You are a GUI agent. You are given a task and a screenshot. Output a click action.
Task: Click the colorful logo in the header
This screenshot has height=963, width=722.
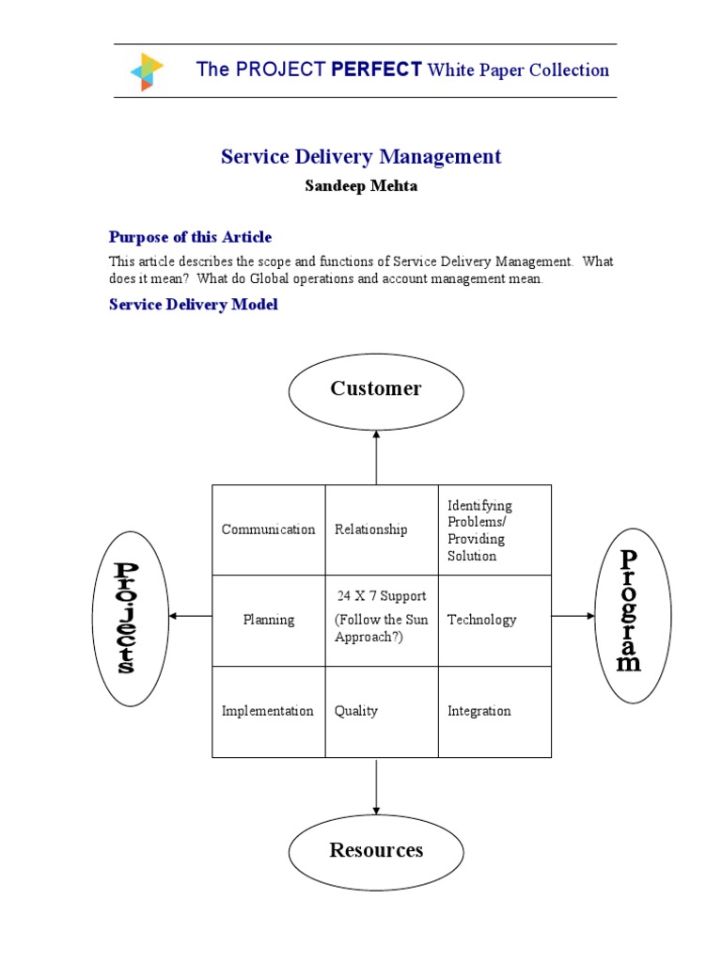click(146, 71)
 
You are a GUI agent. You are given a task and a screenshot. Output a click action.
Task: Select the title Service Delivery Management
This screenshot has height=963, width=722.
click(361, 157)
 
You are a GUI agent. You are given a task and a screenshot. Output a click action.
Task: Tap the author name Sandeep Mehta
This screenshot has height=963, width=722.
click(361, 186)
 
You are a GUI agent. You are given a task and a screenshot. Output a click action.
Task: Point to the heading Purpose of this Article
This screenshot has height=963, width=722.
click(190, 237)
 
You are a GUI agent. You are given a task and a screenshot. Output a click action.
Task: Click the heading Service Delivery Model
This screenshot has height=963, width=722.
click(194, 305)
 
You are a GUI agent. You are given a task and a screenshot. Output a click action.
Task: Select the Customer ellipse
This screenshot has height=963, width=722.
click(376, 389)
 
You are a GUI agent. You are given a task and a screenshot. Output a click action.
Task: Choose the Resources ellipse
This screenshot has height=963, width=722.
click(376, 851)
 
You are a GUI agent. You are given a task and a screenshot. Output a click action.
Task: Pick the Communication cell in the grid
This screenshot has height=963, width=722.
click(268, 529)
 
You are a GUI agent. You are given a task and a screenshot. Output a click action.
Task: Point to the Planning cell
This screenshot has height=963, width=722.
click(268, 620)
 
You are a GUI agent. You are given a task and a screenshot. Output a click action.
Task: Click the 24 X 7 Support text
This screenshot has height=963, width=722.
click(381, 596)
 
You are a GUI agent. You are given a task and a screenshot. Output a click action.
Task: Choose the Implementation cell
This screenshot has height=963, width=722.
click(268, 711)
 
